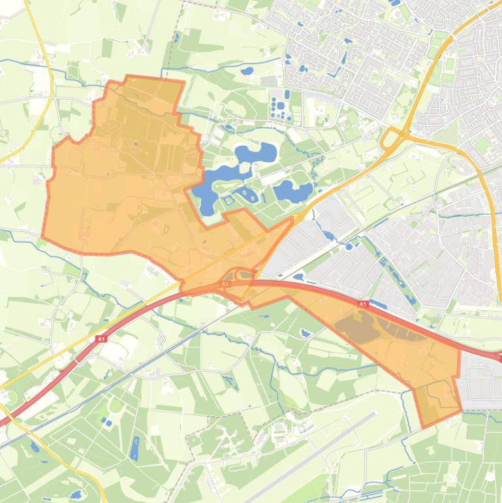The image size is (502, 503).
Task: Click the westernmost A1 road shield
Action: (101, 339)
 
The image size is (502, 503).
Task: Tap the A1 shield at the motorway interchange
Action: (225, 285)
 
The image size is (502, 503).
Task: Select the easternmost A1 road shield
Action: (363, 304)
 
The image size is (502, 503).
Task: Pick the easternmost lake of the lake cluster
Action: (285, 191)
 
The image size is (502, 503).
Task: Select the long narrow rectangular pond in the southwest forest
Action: (135, 448)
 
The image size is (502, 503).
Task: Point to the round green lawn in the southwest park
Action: (116, 405)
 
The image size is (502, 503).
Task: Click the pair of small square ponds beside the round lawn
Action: (106, 422)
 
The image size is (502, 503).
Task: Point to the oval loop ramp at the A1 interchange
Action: (242, 275)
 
